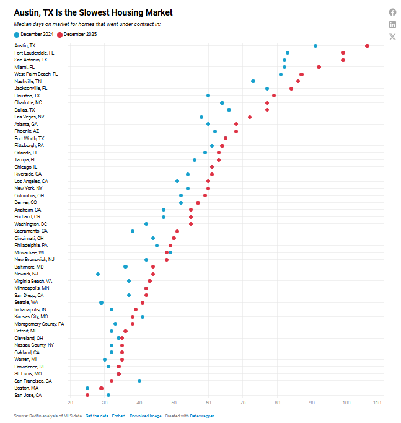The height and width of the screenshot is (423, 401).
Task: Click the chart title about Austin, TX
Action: (x=93, y=12)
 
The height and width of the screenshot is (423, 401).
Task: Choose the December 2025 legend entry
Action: (x=81, y=35)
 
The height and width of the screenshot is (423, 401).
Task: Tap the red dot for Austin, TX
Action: (x=368, y=46)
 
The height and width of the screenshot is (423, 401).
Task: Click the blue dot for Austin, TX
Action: (x=315, y=46)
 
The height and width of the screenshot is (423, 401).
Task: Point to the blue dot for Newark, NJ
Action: (x=98, y=274)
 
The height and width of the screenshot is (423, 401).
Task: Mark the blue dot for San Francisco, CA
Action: (x=139, y=381)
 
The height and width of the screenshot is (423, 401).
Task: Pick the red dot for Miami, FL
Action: (x=319, y=67)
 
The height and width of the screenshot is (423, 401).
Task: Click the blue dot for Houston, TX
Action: (x=208, y=96)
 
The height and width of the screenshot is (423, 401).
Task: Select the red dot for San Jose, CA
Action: (x=87, y=395)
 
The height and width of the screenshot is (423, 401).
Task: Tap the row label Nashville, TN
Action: (x=29, y=81)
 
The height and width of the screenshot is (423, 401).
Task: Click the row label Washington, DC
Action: (x=31, y=224)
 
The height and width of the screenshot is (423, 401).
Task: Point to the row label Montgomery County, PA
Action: (x=39, y=324)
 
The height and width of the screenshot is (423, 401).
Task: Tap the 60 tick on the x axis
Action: (x=208, y=404)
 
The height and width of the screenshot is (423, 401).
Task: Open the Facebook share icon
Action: (x=392, y=12)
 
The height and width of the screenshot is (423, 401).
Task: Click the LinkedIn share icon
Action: (x=392, y=24)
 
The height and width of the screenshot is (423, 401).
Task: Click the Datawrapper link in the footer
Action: (x=202, y=416)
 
